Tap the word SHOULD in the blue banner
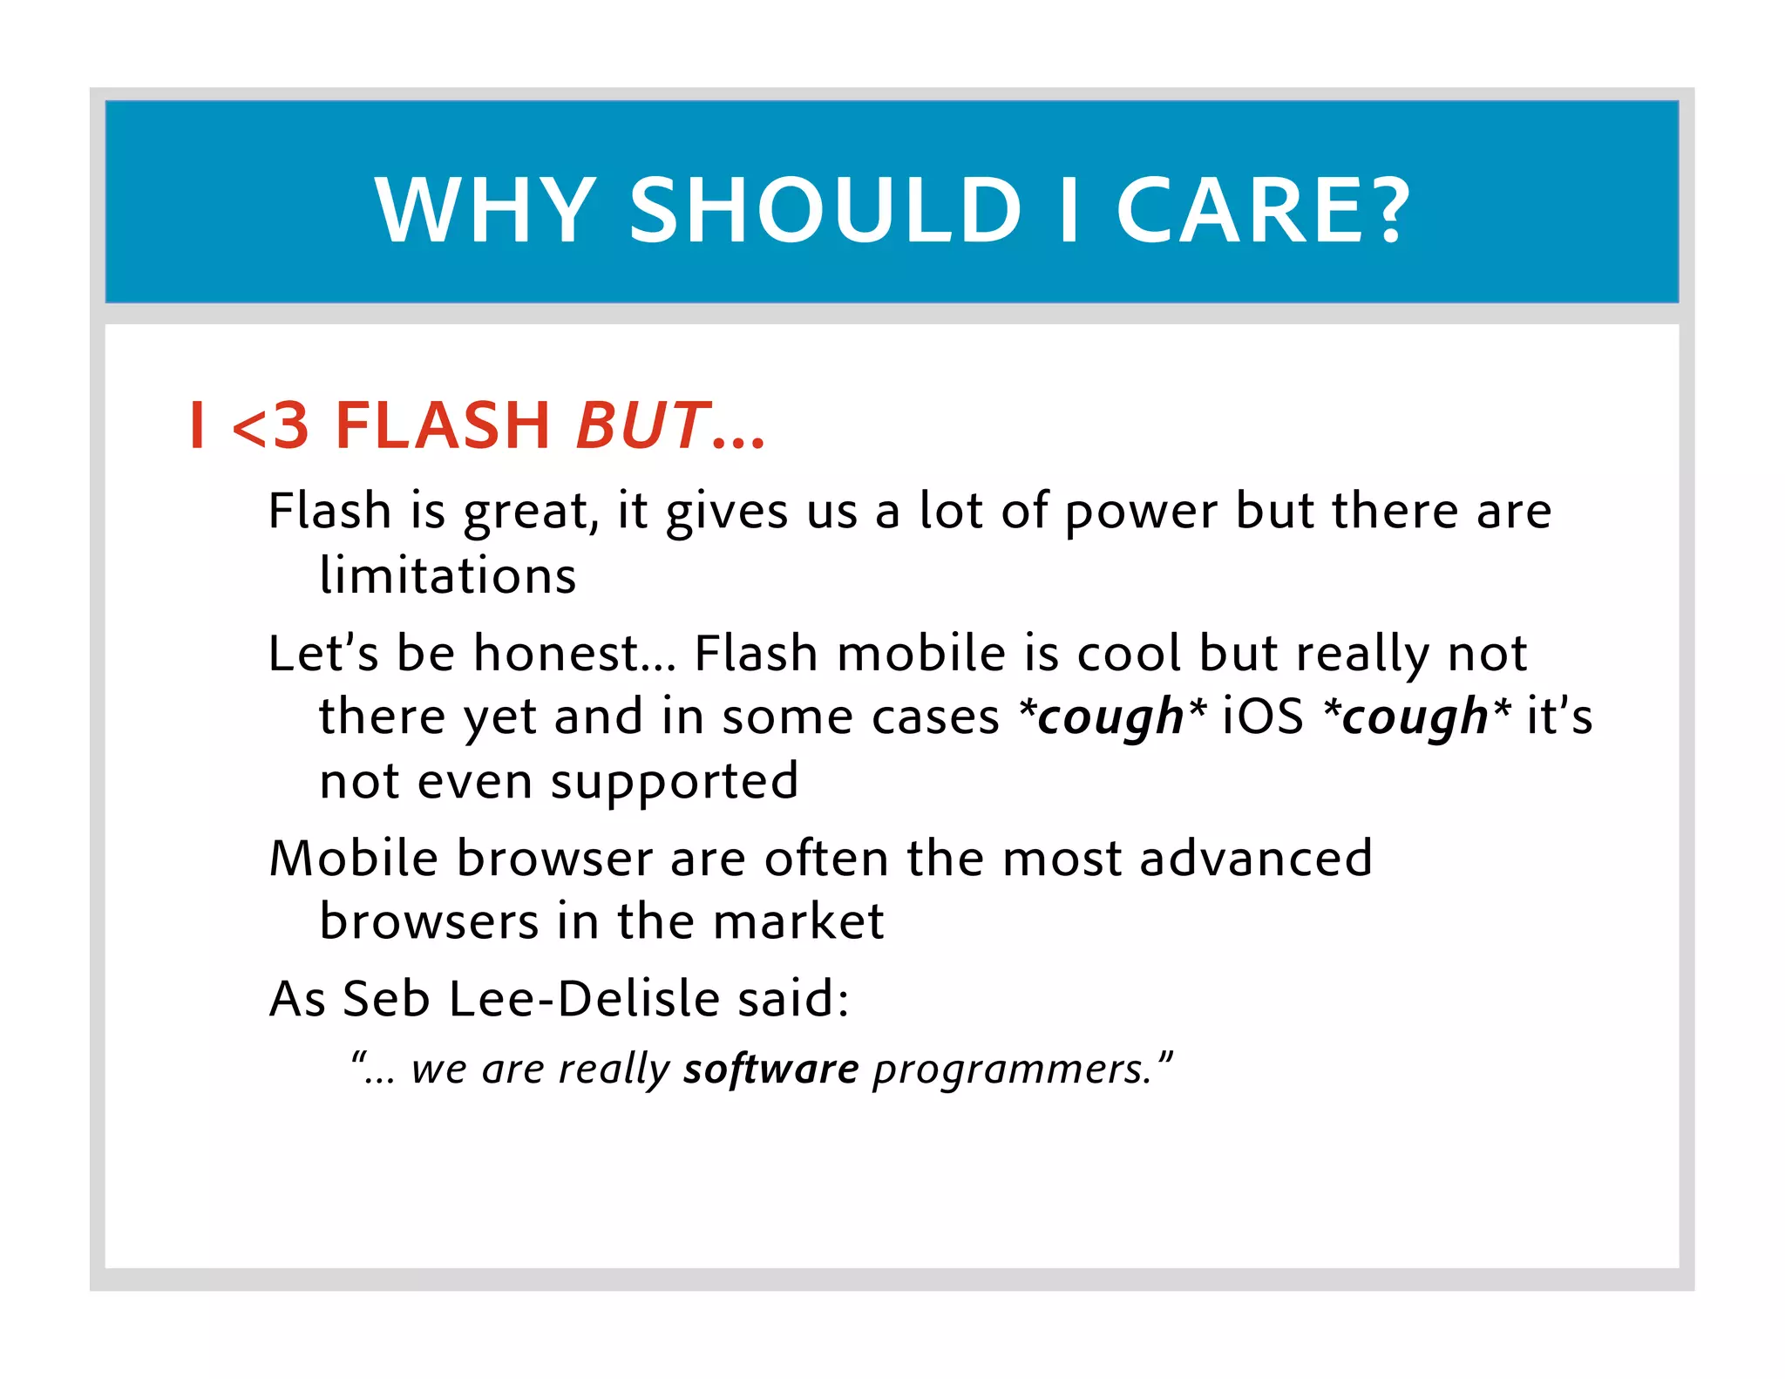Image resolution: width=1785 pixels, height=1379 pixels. pyautogui.click(x=825, y=210)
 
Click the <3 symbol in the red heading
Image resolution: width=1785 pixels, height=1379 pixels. pyautogui.click(x=271, y=426)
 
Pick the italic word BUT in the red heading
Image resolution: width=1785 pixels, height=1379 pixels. pyautogui.click(x=641, y=426)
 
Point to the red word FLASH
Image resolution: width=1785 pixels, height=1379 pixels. pyautogui.click(x=442, y=426)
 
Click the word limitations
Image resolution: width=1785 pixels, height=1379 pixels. pyautogui.click(x=448, y=576)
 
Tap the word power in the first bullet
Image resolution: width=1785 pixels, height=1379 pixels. pyautogui.click(x=1141, y=512)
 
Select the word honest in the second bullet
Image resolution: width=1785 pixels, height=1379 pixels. pyautogui.click(x=558, y=653)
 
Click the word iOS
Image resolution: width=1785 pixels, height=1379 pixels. pyautogui.click(x=1263, y=717)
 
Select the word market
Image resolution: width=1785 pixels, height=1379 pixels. pyautogui.click(x=798, y=922)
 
